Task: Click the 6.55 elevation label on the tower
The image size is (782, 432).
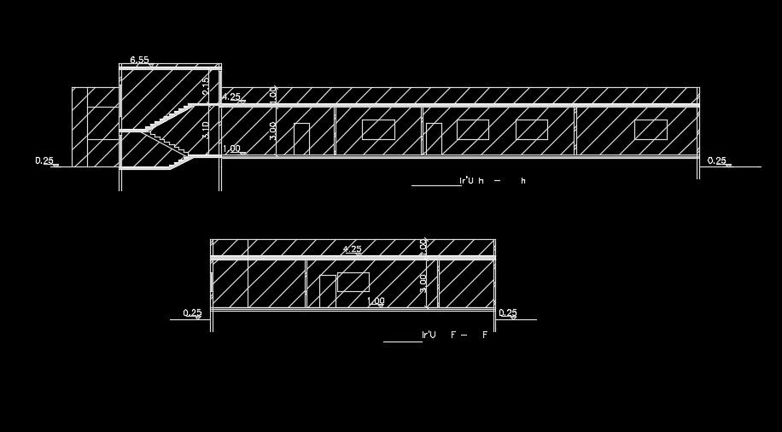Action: click(x=139, y=60)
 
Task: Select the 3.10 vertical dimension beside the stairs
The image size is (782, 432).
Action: click(x=206, y=130)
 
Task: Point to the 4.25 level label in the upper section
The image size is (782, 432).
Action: click(x=231, y=97)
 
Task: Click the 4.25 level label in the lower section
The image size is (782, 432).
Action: click(x=352, y=249)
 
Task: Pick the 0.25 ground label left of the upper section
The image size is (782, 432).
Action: click(x=44, y=161)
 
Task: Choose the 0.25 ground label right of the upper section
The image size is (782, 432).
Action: click(x=717, y=161)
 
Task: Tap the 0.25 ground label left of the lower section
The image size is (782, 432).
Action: click(x=192, y=313)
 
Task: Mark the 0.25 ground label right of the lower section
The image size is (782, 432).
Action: click(x=508, y=313)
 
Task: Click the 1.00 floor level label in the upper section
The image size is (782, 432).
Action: click(x=231, y=149)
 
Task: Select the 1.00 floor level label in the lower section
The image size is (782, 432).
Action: click(x=376, y=301)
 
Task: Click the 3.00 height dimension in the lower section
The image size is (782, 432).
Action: click(x=423, y=282)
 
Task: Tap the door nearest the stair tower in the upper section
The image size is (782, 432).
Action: click(x=301, y=139)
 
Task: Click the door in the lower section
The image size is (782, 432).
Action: click(x=327, y=291)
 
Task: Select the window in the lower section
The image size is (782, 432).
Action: click(x=353, y=282)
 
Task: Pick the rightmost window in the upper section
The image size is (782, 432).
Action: click(x=651, y=130)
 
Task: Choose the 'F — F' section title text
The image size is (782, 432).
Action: click(x=455, y=335)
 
